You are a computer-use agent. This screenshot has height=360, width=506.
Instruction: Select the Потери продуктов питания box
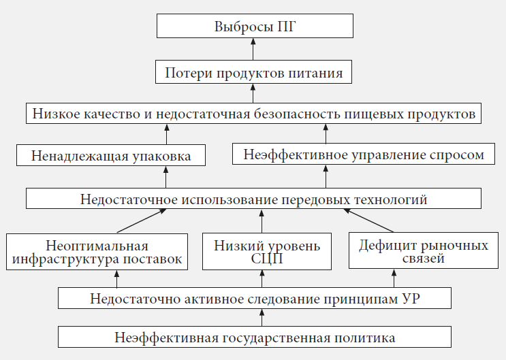(253, 71)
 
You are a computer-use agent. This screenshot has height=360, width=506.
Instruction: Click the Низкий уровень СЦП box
(262, 252)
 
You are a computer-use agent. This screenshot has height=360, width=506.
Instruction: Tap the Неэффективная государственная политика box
(255, 337)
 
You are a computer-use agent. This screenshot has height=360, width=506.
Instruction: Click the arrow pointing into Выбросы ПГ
(253, 48)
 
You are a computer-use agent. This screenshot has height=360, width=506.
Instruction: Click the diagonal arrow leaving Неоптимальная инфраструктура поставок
(140, 220)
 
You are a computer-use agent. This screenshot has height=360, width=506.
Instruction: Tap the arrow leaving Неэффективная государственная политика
(262, 317)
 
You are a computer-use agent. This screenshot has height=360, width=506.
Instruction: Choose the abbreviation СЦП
(262, 259)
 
